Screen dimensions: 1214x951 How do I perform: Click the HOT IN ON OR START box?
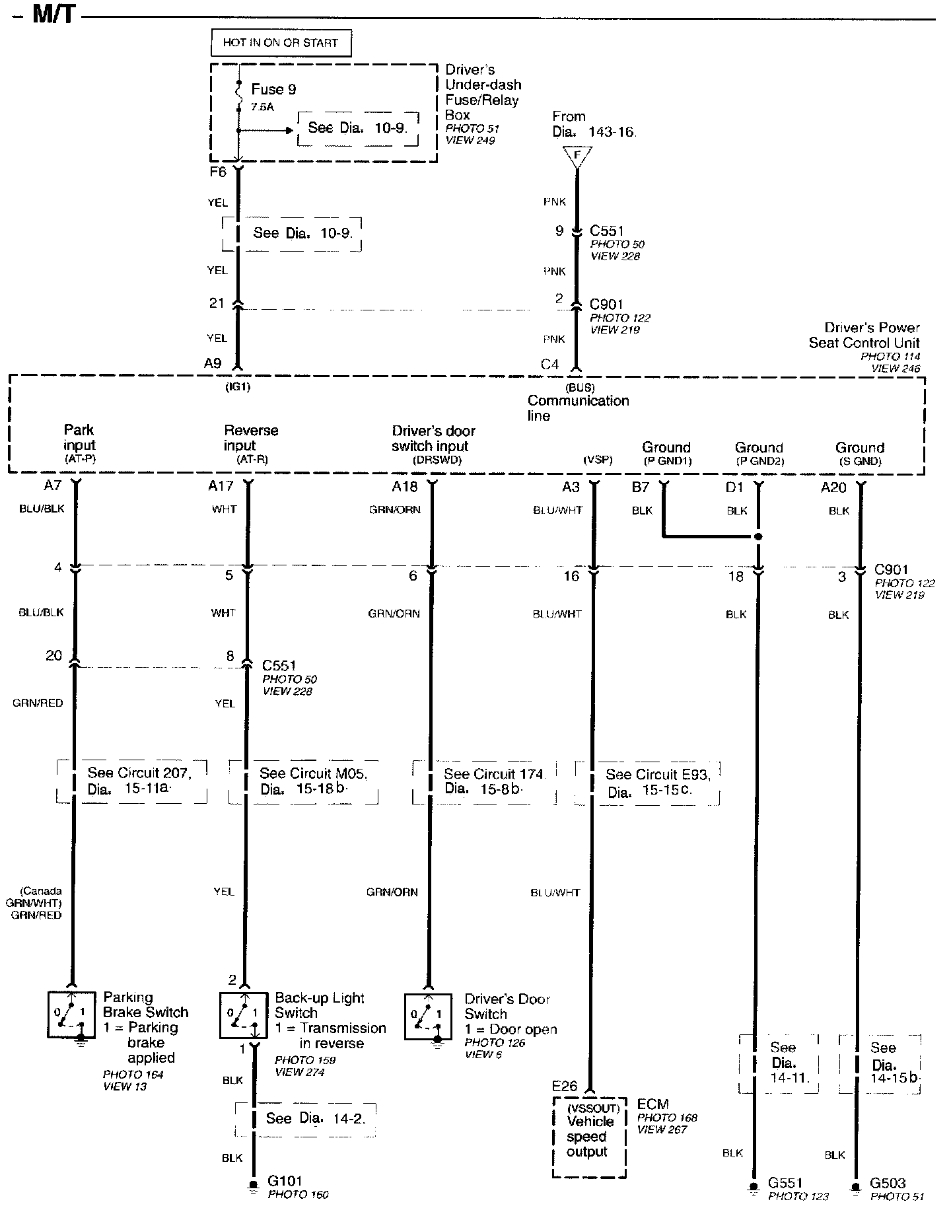[x=281, y=43]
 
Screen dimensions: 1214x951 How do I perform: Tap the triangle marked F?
[x=577, y=157]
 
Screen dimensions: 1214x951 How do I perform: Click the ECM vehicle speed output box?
[x=588, y=1137]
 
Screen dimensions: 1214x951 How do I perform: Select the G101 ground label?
[x=285, y=1181]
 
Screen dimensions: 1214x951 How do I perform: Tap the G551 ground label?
[x=785, y=1183]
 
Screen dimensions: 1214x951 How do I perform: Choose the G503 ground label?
[x=888, y=1183]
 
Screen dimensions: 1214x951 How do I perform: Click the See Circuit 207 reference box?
[x=132, y=781]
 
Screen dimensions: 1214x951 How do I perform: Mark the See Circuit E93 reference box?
[x=647, y=783]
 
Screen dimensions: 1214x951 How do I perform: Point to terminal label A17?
[x=221, y=486]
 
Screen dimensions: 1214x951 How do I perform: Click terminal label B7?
[x=641, y=487]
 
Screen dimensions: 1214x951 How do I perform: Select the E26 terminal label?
[x=565, y=1086]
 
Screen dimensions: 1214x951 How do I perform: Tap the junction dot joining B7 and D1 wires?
[x=758, y=536]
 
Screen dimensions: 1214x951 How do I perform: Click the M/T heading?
[x=54, y=15]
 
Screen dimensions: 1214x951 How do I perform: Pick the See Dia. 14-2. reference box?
[x=306, y=1119]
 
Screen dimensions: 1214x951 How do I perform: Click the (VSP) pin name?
[x=598, y=460]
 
